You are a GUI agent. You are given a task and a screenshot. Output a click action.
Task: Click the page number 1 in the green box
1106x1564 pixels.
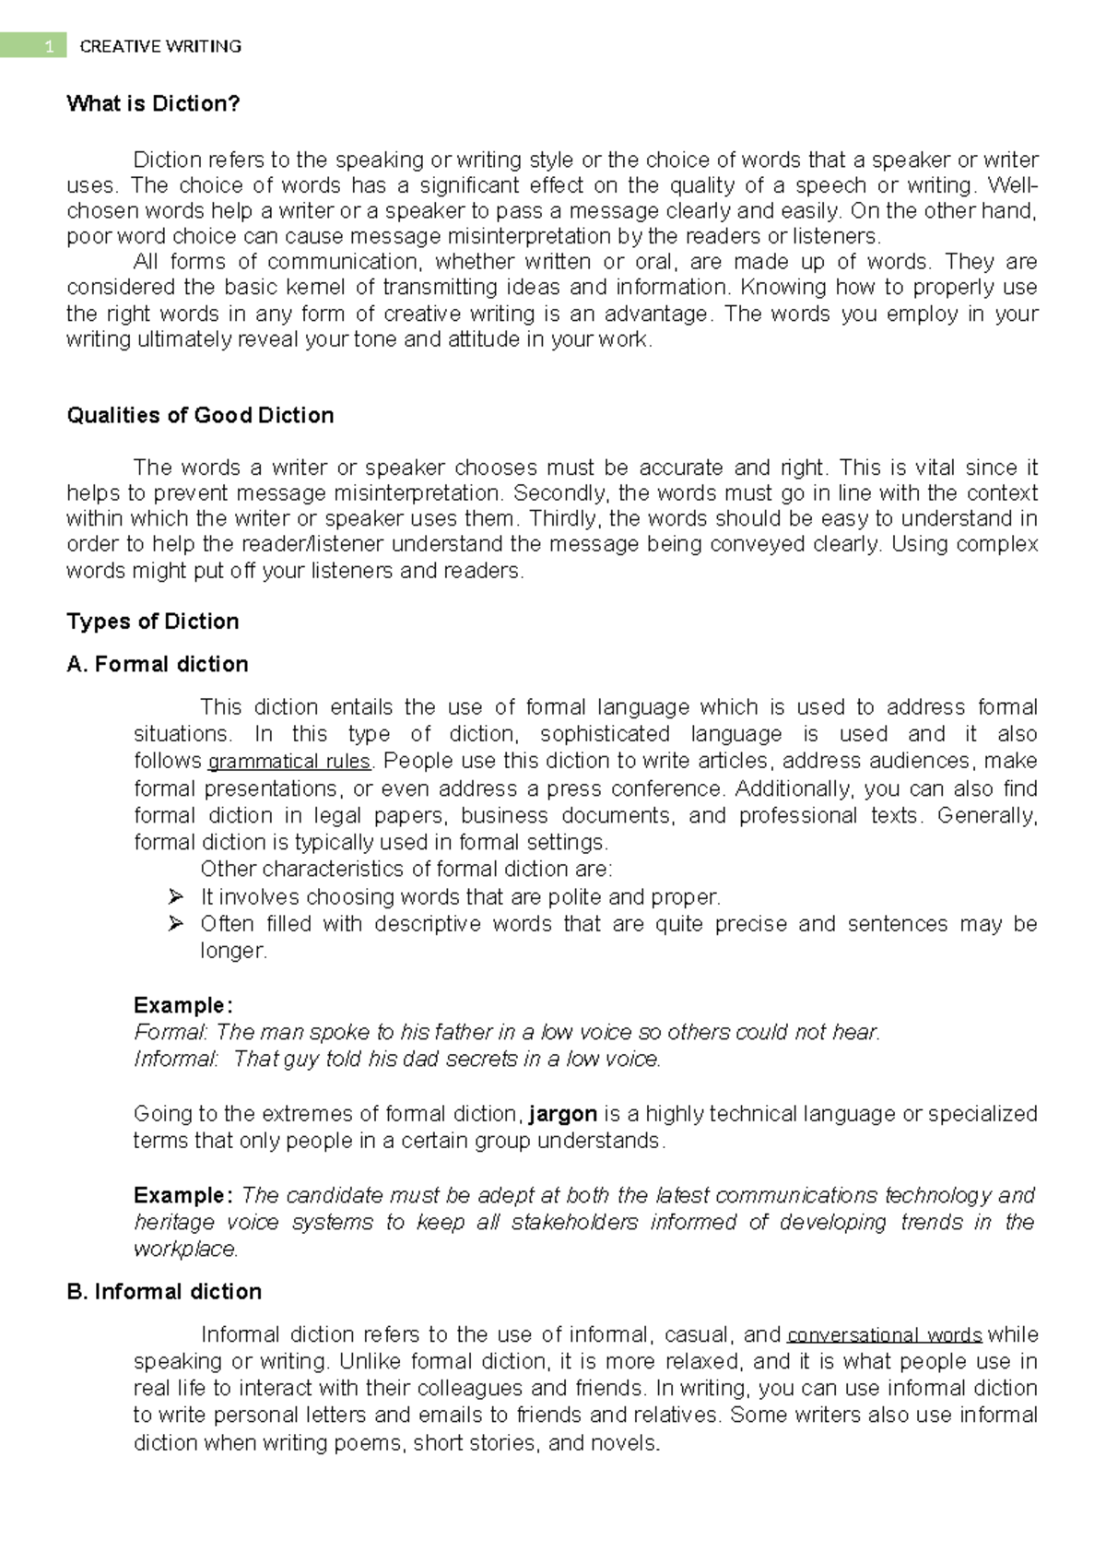click(x=49, y=46)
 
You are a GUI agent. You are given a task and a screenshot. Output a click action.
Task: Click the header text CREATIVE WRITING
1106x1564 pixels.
click(x=160, y=46)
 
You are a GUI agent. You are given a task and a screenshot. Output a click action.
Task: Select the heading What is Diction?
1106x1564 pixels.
click(x=153, y=103)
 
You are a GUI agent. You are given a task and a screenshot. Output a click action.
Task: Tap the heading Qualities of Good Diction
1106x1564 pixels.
click(x=200, y=415)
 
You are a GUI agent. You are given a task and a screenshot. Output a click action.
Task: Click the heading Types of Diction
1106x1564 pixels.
click(x=153, y=621)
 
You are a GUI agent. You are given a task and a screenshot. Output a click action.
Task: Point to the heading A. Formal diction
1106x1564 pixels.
click(x=158, y=664)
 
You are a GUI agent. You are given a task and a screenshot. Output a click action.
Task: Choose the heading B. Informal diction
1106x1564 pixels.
click(x=164, y=1291)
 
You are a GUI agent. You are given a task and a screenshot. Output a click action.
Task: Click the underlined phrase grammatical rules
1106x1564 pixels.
click(x=289, y=762)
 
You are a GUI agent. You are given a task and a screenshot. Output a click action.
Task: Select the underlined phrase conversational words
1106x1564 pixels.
click(x=885, y=1335)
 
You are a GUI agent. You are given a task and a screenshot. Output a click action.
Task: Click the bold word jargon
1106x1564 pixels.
click(x=563, y=1114)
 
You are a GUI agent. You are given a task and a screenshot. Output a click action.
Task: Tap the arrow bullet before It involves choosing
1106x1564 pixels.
click(x=176, y=896)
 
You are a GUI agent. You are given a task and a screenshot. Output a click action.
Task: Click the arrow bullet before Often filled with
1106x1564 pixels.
click(x=176, y=923)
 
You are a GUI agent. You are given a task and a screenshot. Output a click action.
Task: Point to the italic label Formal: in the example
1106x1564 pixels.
click(x=171, y=1032)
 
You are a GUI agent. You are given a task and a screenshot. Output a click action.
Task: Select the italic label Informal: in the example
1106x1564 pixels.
click(x=176, y=1059)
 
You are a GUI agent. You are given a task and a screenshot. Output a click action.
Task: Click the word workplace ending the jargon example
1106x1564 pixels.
click(x=185, y=1250)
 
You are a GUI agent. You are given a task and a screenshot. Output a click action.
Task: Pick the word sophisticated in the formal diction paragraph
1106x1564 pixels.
click(x=605, y=734)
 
